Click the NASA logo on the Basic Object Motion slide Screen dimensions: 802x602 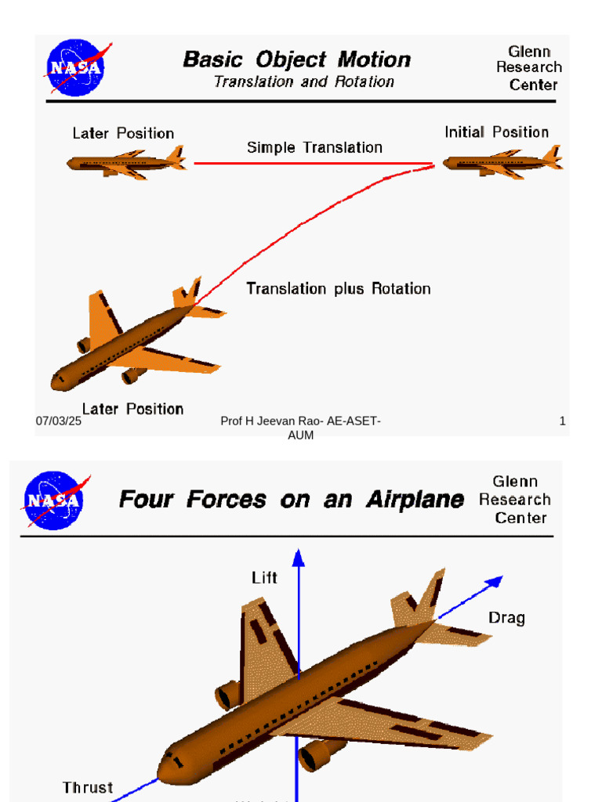tap(75, 68)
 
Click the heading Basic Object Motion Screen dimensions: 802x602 tap(296, 60)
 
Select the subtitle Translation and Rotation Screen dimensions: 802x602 tap(304, 81)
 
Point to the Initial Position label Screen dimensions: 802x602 tap(496, 132)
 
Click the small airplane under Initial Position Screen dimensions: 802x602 tap(502, 163)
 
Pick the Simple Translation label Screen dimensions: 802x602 tap(314, 147)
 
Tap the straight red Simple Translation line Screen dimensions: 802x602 tap(314, 164)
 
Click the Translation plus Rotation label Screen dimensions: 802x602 tap(339, 288)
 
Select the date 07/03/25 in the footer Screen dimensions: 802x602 tap(59, 421)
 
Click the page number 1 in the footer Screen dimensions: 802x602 tap(562, 421)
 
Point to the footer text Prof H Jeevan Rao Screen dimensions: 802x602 tap(300, 421)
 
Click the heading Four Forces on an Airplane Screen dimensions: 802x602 tap(291, 500)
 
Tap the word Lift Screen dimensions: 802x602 tap(264, 578)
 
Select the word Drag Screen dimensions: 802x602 tap(506, 618)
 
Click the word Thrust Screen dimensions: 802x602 tap(88, 787)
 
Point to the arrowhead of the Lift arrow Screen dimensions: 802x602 tap(298, 557)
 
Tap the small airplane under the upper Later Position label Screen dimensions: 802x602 tap(125, 163)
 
